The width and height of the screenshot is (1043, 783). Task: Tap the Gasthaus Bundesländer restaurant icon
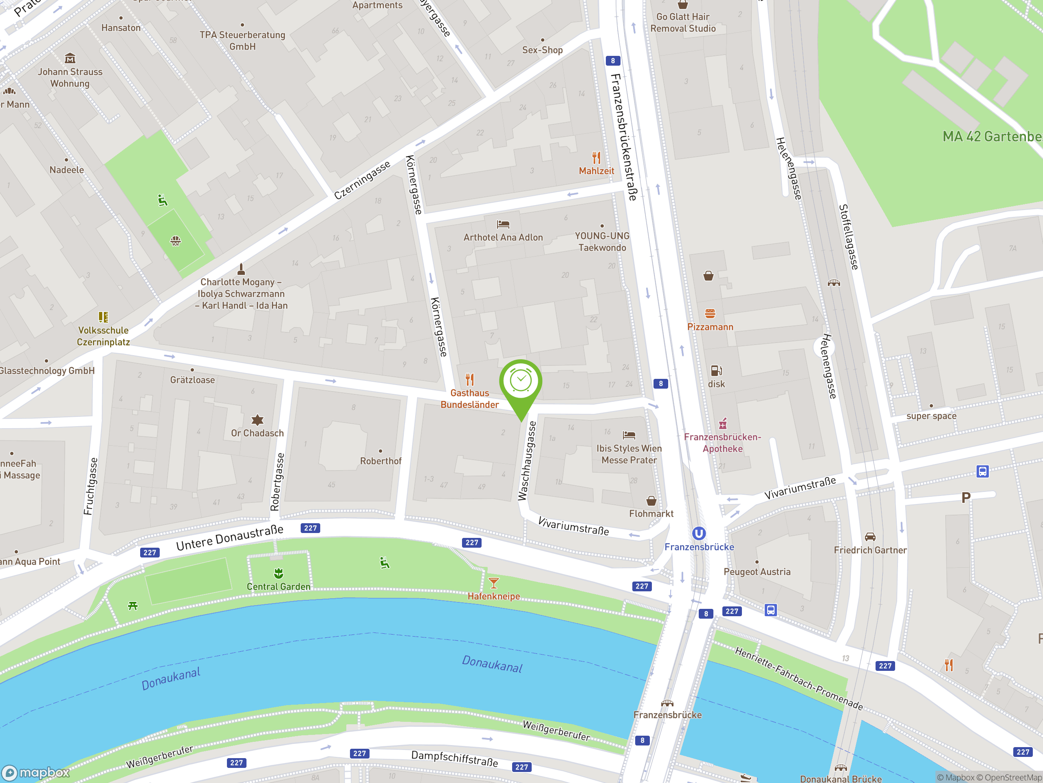470,379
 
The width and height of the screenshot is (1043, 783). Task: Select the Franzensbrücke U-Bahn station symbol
699,533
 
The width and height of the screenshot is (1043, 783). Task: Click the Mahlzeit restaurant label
596,171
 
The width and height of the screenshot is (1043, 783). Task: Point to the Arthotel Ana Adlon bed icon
503,224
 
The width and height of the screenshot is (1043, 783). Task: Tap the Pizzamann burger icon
710,313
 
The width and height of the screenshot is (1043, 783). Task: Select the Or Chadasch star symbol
257,420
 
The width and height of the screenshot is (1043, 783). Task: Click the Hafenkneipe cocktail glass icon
494,583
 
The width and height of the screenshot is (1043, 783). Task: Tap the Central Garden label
279,587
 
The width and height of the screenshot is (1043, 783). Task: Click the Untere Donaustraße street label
230,537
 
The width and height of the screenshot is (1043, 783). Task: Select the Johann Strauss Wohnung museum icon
70,59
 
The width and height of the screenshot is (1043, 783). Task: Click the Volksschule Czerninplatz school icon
103,317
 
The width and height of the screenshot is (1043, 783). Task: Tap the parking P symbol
966,498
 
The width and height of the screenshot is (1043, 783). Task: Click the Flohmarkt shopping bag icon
651,500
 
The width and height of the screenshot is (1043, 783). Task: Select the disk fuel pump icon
716,370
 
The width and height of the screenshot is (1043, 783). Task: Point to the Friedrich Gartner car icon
870,537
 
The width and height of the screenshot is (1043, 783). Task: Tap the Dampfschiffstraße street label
455,758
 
